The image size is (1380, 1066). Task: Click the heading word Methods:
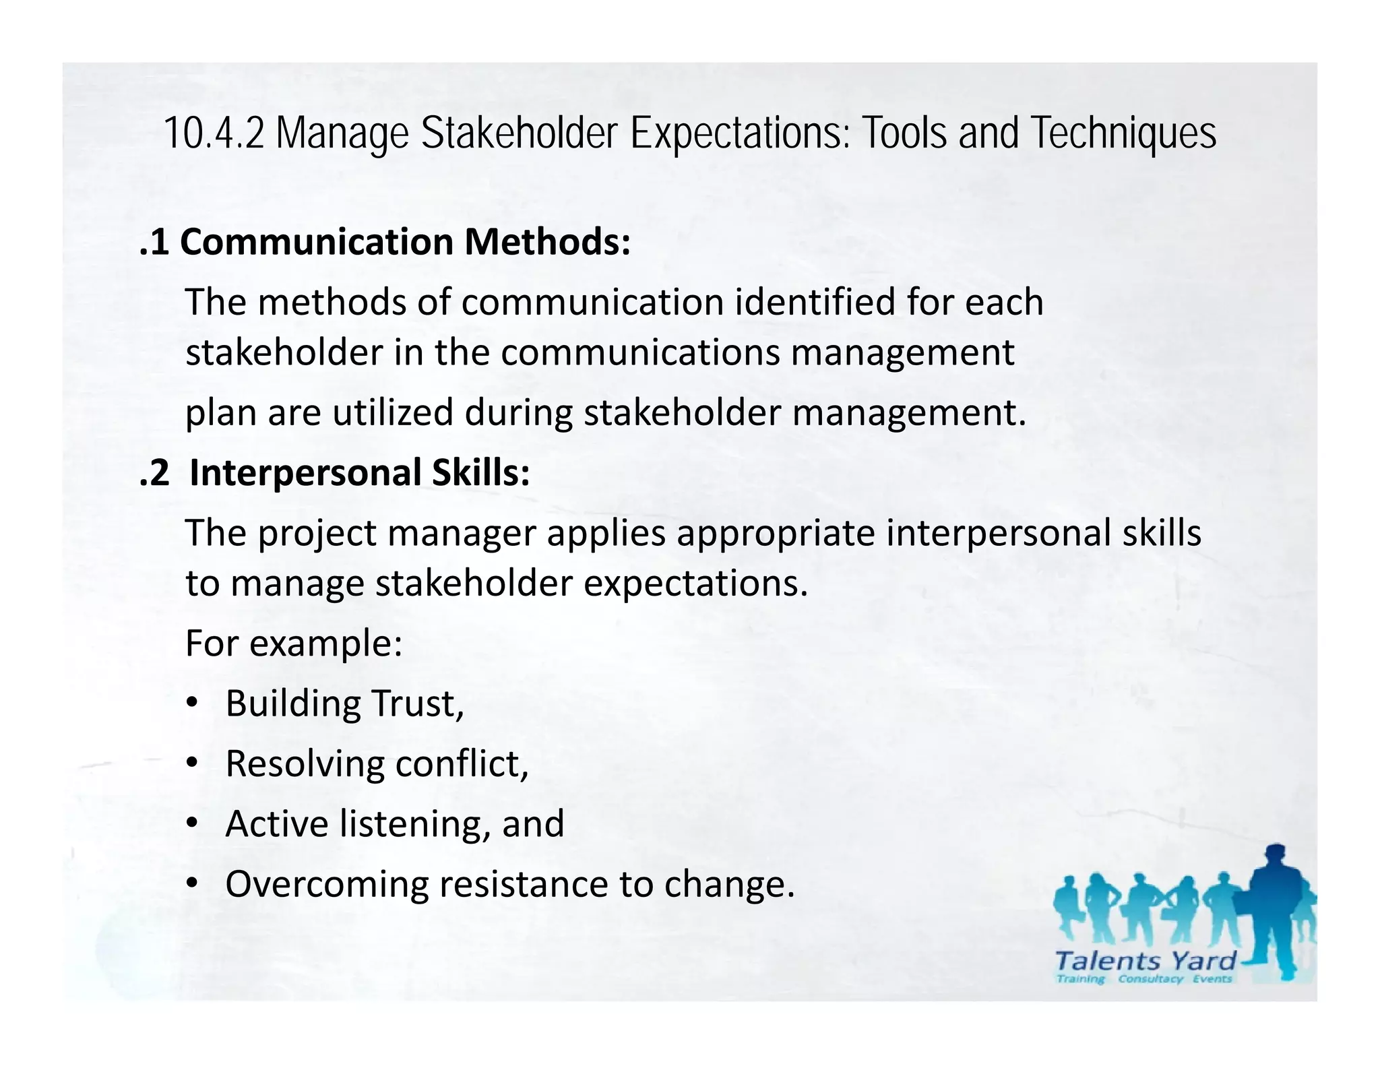(547, 242)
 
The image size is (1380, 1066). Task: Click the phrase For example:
(294, 643)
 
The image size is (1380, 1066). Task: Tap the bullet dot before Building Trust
(192, 703)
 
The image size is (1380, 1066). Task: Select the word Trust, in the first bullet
(418, 703)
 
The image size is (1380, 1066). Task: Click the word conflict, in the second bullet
(462, 763)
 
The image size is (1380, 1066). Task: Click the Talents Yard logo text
(1145, 960)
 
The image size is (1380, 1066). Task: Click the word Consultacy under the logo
(1150, 978)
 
